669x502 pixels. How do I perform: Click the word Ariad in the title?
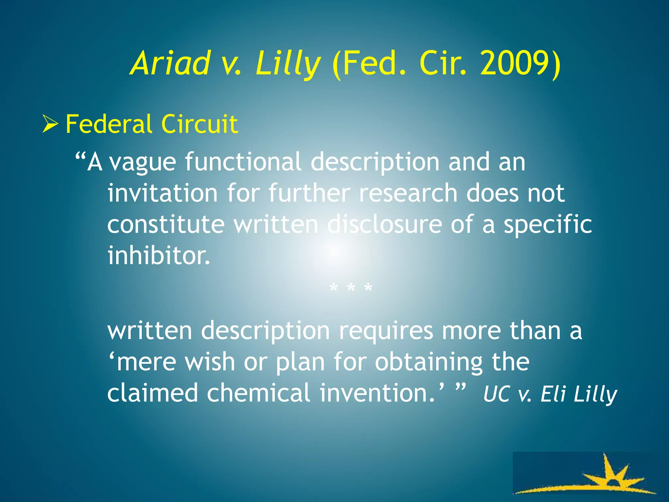(170, 63)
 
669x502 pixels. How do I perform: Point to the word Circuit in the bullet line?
(199, 124)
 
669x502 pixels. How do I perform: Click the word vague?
(143, 162)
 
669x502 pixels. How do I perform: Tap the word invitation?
(163, 193)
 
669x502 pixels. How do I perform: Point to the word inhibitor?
(159, 255)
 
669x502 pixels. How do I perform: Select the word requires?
(386, 331)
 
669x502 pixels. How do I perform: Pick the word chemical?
(258, 393)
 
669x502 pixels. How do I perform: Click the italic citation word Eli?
(553, 394)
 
